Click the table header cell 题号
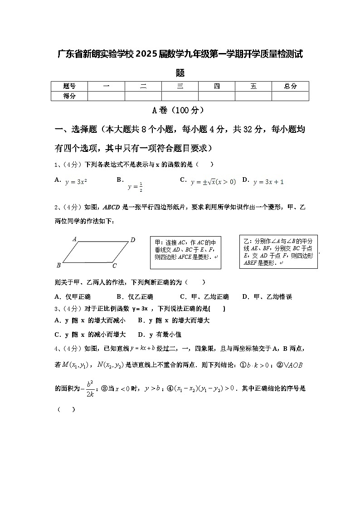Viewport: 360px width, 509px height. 69,86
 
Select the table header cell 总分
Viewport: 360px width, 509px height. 290,86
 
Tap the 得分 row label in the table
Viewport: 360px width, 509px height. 69,96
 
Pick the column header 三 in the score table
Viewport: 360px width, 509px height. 180,86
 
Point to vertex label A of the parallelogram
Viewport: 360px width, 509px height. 74,238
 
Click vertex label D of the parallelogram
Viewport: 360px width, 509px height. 133,240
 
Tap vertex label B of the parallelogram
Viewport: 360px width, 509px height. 58,265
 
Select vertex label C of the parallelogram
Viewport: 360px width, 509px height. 115,266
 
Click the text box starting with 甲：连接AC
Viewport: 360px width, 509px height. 185,252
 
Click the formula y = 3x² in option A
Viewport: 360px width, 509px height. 76,182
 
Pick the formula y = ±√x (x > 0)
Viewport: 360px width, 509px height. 213,182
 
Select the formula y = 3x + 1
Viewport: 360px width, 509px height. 268,182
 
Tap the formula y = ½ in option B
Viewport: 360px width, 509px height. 136,186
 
